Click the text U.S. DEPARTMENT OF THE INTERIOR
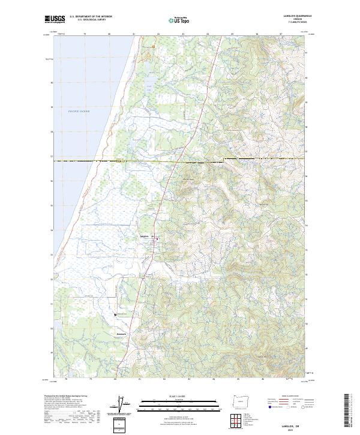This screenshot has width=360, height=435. click(91, 17)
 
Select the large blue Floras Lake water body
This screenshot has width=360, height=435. click(149, 83)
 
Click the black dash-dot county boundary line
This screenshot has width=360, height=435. click(180, 161)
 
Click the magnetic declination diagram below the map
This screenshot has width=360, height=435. click(120, 406)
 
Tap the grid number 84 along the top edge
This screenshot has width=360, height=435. click(208, 35)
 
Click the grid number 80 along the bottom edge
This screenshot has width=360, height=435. click(109, 379)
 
